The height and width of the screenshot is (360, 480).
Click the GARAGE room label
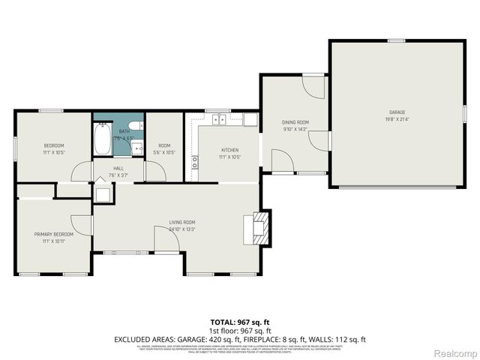tap(397, 112)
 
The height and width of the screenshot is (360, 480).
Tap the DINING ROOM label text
tap(295, 121)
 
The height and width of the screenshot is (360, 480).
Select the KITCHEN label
tap(229, 150)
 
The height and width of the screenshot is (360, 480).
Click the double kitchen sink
tap(220, 119)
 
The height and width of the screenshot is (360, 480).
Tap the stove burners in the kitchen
tap(195, 160)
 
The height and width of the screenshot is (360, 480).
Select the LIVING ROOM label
tap(181, 222)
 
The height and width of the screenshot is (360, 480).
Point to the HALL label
tap(118, 169)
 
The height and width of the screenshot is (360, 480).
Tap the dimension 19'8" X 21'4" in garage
tap(397, 119)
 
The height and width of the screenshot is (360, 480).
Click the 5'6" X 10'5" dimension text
tap(164, 152)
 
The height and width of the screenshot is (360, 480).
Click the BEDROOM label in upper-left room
tap(53, 145)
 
